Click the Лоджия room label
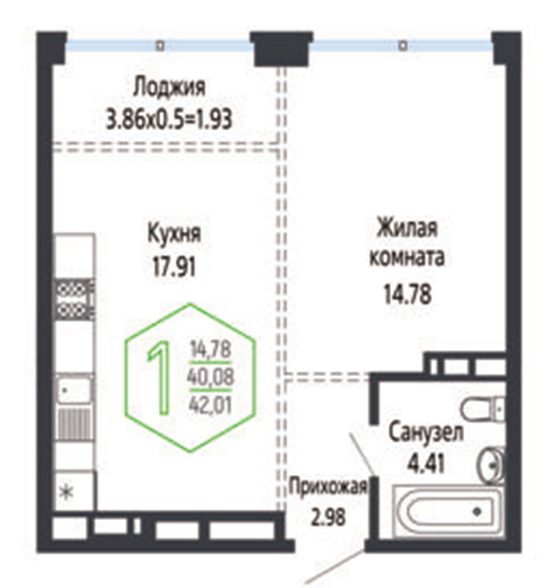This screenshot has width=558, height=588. [169, 87]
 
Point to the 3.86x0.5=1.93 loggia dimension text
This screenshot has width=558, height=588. [169, 119]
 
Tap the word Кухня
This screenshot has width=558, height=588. [174, 233]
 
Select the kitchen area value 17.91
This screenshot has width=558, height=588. [174, 267]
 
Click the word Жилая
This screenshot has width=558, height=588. [407, 228]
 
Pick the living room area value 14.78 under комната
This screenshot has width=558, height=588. [407, 294]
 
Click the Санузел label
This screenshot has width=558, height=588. [426, 433]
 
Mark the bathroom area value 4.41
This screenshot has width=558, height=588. [426, 463]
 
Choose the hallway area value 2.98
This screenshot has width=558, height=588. [328, 517]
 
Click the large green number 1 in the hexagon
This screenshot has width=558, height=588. [160, 379]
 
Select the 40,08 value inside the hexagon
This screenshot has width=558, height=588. [211, 377]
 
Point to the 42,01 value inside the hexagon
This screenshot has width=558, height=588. [211, 404]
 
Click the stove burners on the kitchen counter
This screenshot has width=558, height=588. [74, 300]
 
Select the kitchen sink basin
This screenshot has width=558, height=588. [74, 390]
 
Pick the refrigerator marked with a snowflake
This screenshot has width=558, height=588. [74, 492]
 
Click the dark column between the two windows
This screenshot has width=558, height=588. [282, 49]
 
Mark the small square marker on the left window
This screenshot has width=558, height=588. [160, 46]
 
